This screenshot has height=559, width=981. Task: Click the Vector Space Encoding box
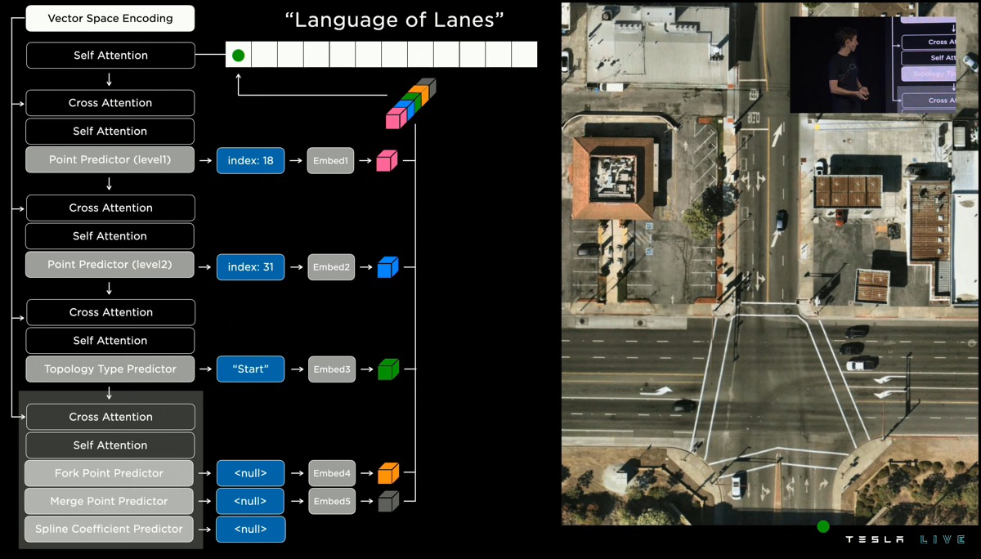point(110,18)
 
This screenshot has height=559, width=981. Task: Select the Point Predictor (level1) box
point(110,159)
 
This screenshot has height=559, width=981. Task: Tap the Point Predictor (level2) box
point(110,265)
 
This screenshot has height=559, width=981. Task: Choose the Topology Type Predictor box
point(110,369)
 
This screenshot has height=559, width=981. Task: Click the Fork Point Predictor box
point(110,473)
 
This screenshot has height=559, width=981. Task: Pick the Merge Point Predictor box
point(110,501)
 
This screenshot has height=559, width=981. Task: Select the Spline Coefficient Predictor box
point(110,529)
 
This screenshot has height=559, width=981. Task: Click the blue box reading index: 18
point(250,160)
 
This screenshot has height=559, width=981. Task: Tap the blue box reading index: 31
point(250,266)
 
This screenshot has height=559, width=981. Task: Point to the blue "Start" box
point(250,369)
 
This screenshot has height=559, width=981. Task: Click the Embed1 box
point(331,161)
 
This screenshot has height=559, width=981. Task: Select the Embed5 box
point(331,501)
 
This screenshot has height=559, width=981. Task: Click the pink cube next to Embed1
point(387,161)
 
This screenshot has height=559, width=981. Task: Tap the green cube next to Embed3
point(387,369)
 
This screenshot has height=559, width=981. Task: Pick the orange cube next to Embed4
point(387,473)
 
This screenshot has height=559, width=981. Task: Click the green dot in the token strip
point(238,56)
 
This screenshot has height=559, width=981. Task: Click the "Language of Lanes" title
point(395,20)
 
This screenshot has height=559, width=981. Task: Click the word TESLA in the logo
point(875,540)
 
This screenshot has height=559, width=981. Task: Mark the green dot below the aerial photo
point(823,527)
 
